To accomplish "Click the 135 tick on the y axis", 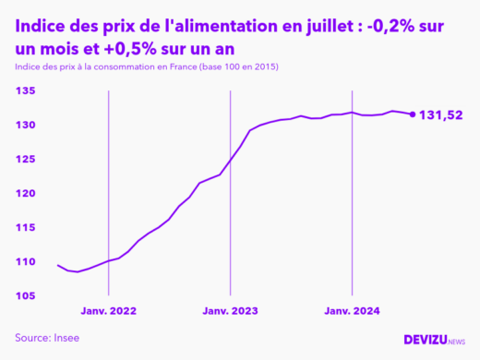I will (25, 91).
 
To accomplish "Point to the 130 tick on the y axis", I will (25, 126).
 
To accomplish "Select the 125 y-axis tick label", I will (25, 160).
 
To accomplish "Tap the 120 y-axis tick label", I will (25, 194).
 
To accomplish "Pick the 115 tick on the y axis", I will (25, 228).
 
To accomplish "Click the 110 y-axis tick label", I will (25, 262).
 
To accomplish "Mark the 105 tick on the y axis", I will (25, 296).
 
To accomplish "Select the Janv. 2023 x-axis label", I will (231, 313).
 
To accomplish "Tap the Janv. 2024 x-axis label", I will (352, 313).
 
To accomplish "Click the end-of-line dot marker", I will (412, 114).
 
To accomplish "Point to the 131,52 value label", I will (441, 115).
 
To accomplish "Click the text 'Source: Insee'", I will (47, 338).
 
